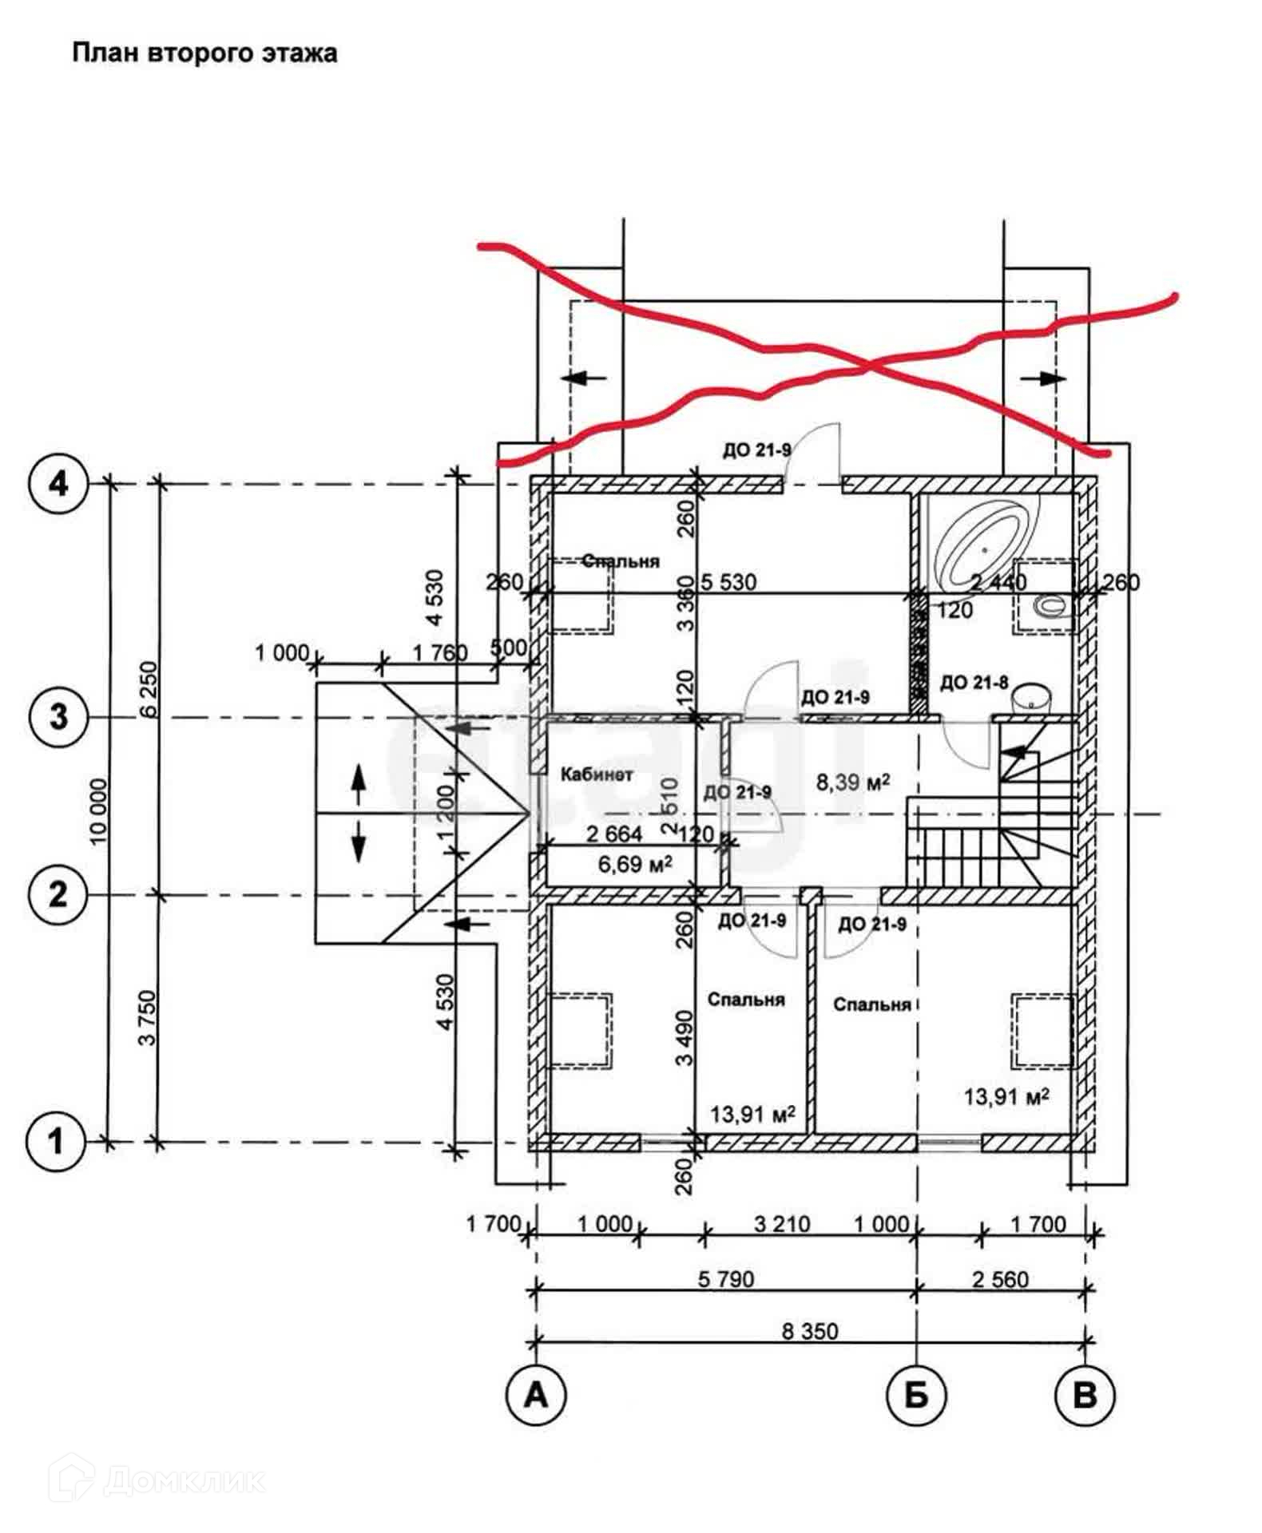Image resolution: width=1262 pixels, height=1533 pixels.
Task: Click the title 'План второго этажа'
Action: (204, 53)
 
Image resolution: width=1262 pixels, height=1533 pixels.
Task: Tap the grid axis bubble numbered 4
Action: (58, 483)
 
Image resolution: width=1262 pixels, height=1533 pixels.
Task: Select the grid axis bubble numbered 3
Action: (58, 716)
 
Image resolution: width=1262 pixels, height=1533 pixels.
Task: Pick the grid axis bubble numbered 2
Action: (58, 894)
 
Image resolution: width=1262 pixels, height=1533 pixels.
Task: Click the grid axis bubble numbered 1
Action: (56, 1141)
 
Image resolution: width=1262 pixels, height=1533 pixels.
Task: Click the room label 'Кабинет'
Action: (597, 774)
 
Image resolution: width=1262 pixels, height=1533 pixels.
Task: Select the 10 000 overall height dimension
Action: (98, 810)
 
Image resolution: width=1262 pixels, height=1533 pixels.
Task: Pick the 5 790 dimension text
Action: (725, 1278)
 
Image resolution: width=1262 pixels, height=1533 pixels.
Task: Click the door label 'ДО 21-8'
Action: (974, 683)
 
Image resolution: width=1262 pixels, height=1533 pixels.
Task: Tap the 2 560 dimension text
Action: (1000, 1278)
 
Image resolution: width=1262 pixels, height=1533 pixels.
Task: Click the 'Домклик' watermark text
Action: (184, 1481)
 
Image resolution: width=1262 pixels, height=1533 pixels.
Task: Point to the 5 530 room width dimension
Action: (728, 581)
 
